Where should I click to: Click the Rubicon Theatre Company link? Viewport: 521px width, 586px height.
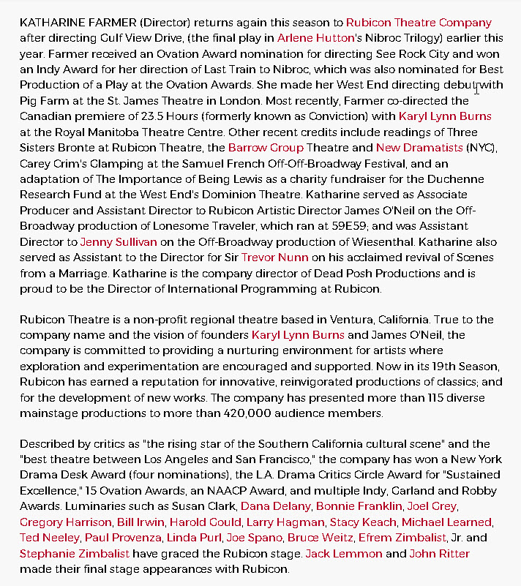click(x=419, y=23)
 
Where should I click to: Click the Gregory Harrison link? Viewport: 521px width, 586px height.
click(x=65, y=522)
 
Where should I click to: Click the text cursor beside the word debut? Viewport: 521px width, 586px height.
click(x=476, y=88)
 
